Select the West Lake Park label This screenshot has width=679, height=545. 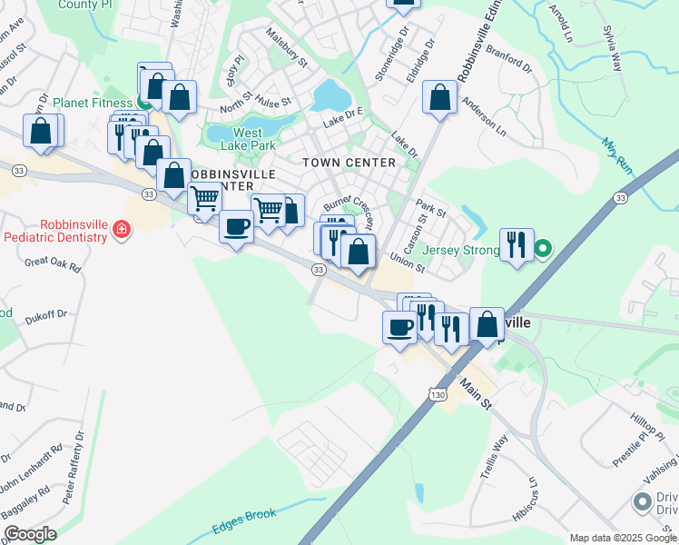(x=248, y=139)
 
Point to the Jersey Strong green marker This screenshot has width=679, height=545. (x=543, y=247)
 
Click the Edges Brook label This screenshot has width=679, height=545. (x=244, y=520)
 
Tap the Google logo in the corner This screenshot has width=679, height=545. (x=29, y=534)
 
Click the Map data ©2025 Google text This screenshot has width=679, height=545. (x=623, y=538)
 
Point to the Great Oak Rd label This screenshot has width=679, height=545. (x=53, y=264)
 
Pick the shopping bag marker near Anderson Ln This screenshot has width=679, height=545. (x=440, y=98)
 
